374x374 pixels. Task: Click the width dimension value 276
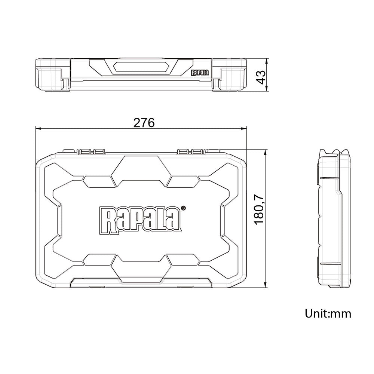coord(144,123)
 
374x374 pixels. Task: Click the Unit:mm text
coord(328,313)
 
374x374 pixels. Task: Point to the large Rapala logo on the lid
coord(140,219)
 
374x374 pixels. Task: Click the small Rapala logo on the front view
coord(200,73)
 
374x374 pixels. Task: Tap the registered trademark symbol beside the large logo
coord(183,208)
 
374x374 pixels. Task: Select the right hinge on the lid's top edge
coord(191,151)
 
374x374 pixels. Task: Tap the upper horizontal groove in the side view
coord(330,177)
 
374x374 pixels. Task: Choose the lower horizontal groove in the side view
coord(330,263)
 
